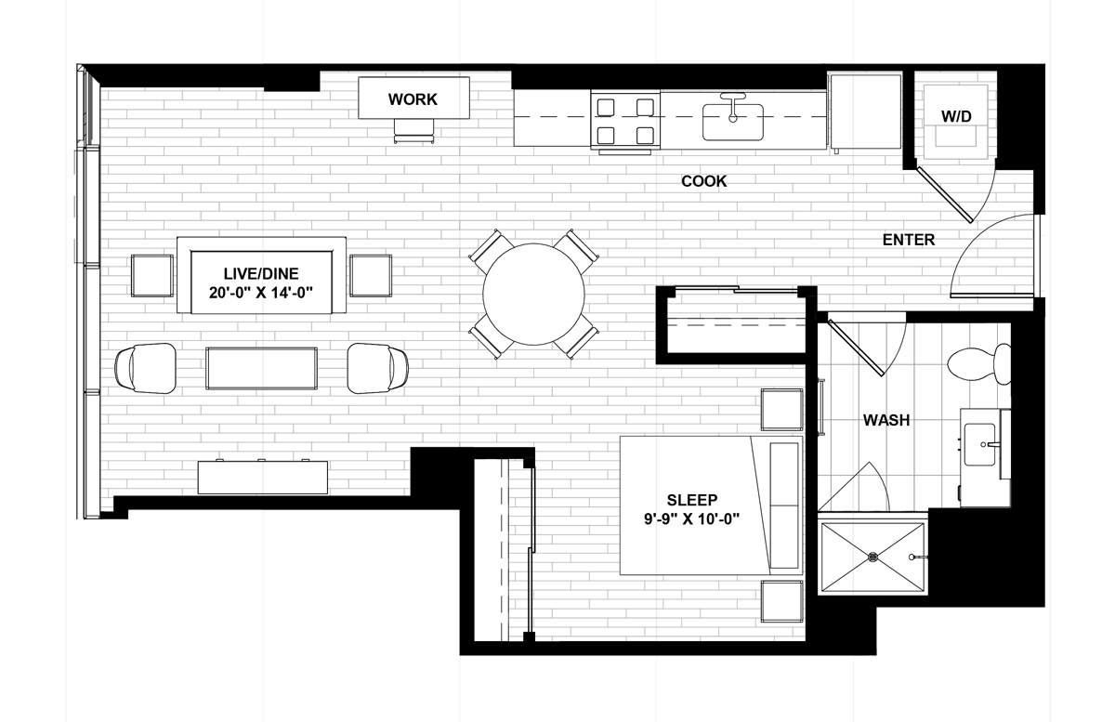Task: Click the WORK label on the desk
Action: click(x=413, y=99)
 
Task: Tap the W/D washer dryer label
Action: click(x=956, y=116)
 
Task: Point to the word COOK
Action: click(x=704, y=181)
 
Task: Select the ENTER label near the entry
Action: click(x=909, y=240)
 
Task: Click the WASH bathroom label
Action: click(x=886, y=420)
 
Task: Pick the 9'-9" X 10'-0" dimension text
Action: click(x=692, y=519)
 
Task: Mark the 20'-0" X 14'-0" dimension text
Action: click(x=261, y=293)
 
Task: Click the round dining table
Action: click(x=533, y=295)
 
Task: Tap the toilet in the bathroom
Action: click(x=979, y=363)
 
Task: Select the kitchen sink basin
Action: click(x=733, y=122)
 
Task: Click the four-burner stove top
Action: click(x=625, y=120)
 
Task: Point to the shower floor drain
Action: click(x=872, y=558)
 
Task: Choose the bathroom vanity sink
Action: click(x=979, y=445)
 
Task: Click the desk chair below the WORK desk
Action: click(x=413, y=131)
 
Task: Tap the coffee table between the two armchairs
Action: click(x=261, y=369)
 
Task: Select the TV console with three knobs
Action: click(x=263, y=477)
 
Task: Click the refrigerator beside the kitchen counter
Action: click(x=865, y=112)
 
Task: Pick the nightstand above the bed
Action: click(x=781, y=409)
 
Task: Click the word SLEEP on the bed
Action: click(x=692, y=500)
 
